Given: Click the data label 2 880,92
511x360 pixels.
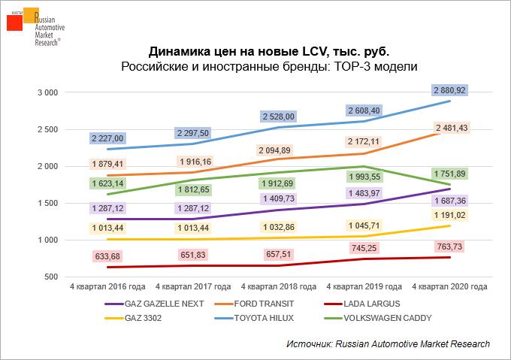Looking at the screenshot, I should pos(450,90).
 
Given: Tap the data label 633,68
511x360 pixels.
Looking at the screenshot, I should pos(107,256).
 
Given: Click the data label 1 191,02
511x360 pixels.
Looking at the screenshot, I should pos(450,214).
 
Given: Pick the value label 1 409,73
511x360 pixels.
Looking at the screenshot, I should pos(278,198).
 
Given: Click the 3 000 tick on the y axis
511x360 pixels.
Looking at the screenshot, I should pos(48,92).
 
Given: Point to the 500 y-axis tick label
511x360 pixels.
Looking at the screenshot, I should pos(52,277).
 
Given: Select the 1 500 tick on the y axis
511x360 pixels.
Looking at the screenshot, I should pos(48,204).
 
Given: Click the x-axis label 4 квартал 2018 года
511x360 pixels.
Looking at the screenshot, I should pos(279,287).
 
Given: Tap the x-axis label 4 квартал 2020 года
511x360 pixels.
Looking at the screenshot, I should pos(451,287).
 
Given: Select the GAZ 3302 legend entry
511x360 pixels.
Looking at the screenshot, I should pos(136,318).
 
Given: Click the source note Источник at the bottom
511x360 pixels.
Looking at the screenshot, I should pos(388,343).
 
